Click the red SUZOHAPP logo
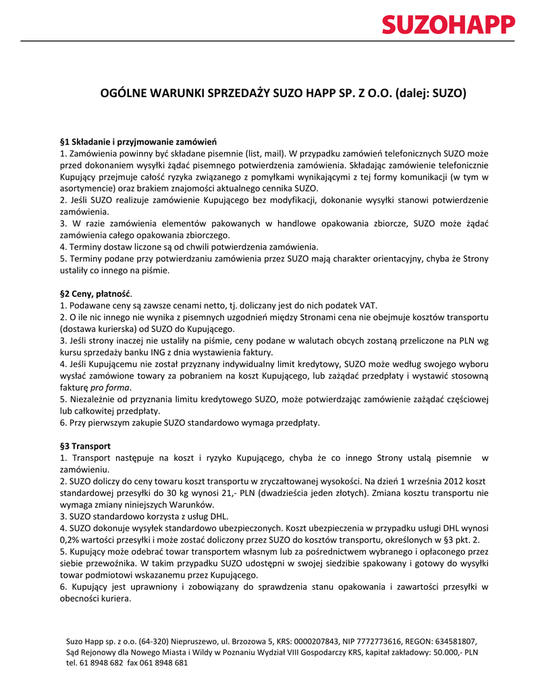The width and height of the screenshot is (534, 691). tap(448, 25)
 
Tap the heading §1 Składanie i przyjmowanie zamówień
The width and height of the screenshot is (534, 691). tap(138, 142)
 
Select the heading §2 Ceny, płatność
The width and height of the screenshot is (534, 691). tap(96, 294)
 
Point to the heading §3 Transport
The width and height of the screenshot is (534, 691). tap(85, 446)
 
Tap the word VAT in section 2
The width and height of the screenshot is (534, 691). tap(367, 306)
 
